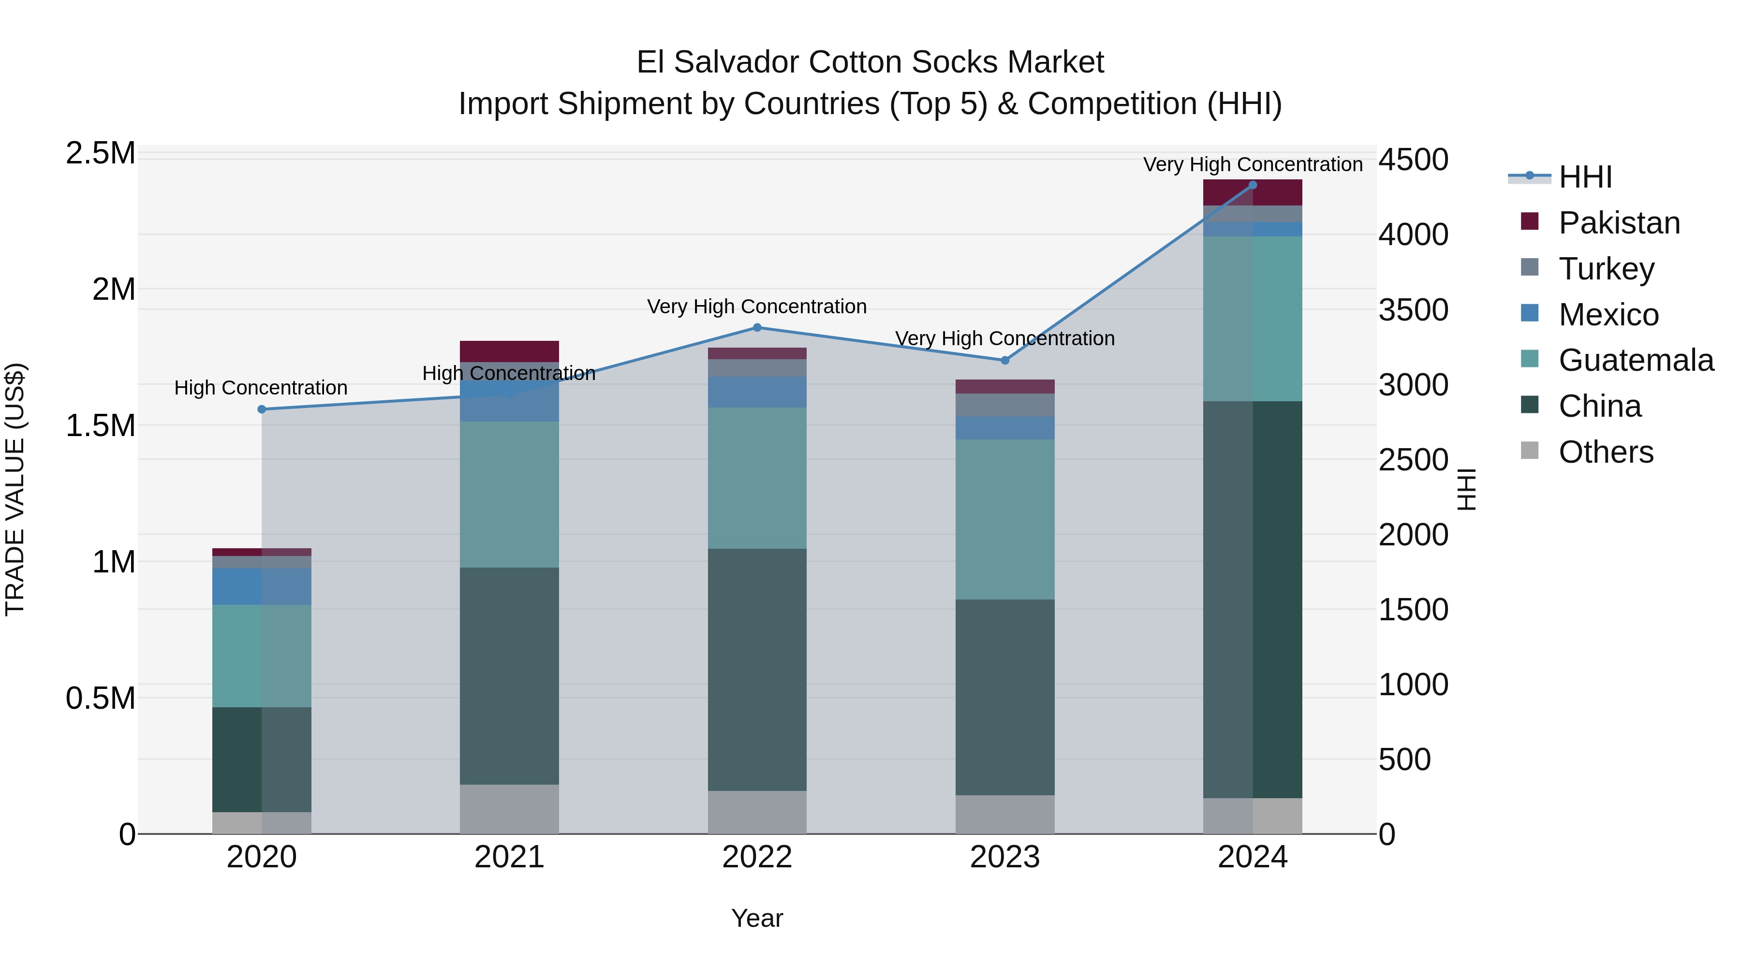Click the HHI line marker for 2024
[x=1253, y=185]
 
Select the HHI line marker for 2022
[x=757, y=328]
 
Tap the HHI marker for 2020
[x=262, y=409]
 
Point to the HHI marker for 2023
[x=1004, y=361]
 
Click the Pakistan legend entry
[x=1619, y=223]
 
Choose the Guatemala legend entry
[x=1636, y=360]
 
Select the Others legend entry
[x=1605, y=452]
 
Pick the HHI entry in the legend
[x=1585, y=177]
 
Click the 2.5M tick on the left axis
[x=101, y=154]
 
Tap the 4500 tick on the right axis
[x=1413, y=160]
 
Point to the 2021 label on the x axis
[x=509, y=857]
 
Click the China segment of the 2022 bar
[x=757, y=669]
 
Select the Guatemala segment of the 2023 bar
[x=1004, y=519]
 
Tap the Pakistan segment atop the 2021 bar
[x=509, y=351]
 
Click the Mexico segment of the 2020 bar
[x=262, y=586]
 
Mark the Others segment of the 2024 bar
[x=1253, y=816]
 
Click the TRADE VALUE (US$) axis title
[x=15, y=489]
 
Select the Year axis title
[x=757, y=918]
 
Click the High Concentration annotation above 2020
[x=261, y=388]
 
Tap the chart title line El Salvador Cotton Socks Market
[x=870, y=62]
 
